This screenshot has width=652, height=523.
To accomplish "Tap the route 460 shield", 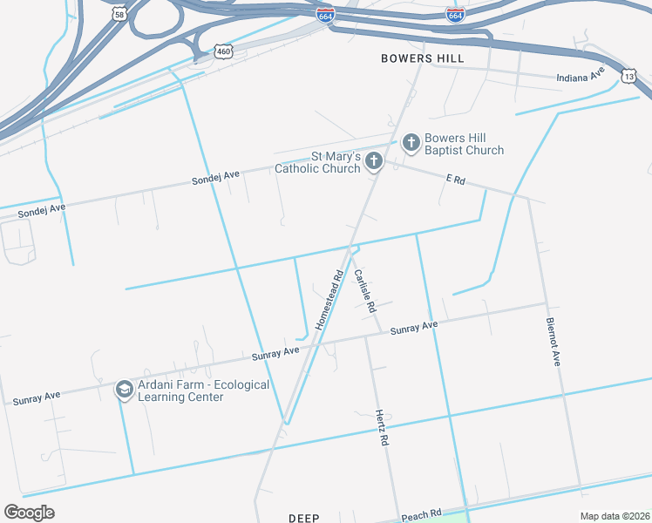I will pos(225,51).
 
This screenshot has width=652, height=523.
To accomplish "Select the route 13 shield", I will pos(629,77).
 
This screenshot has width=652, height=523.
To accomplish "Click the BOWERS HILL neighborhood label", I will pos(423,58).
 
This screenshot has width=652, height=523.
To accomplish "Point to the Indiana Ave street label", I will pos(581,76).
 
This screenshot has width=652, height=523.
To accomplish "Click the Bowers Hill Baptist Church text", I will pos(464,144).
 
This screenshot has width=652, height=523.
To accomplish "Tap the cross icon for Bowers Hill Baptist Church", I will pos(410,141).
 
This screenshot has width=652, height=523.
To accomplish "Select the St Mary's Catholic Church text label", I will pos(318,163).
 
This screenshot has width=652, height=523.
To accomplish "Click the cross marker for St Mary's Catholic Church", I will pos(374,160).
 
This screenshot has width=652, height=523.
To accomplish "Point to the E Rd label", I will pos(456,179).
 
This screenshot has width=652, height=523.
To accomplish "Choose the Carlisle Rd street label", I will pos(365,290).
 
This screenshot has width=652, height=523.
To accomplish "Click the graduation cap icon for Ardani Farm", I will pos(124,389).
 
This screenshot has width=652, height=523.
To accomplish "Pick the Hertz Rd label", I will pos(381,428).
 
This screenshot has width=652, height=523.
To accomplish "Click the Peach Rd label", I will pos(422,515).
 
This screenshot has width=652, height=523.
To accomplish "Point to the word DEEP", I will pos(304,518).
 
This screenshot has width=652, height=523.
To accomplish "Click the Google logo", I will pos(29,513).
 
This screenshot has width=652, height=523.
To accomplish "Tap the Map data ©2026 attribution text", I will pos(615,516).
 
